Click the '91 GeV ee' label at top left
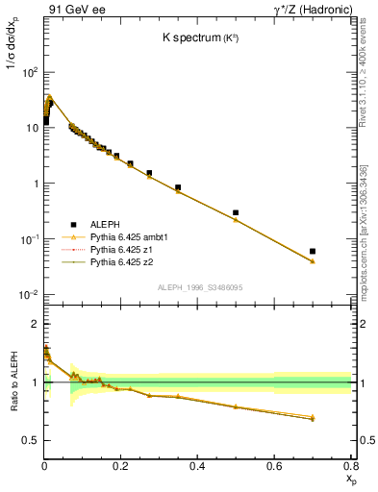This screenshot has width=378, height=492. click(x=73, y=10)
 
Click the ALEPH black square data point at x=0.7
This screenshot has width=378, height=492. click(x=313, y=251)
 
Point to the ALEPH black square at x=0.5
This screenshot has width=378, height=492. click(x=236, y=212)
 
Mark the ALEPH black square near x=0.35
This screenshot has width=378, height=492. click(x=178, y=187)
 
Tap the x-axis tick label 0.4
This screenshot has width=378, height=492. click(x=197, y=465)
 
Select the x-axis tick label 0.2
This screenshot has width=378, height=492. click(x=121, y=465)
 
